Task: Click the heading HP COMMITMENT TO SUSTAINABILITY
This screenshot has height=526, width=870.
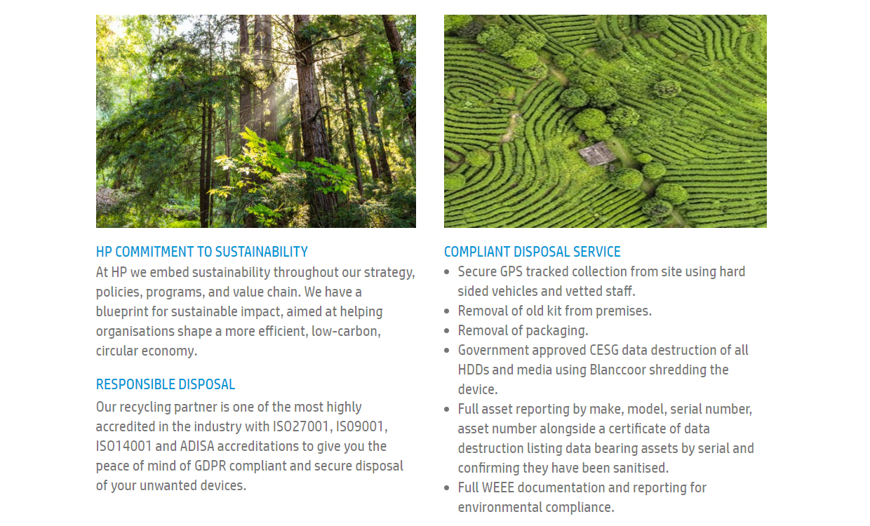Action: point(201,252)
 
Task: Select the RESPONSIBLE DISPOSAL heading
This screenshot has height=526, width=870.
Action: point(166,384)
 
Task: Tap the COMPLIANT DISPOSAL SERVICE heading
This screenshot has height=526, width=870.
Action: point(532,252)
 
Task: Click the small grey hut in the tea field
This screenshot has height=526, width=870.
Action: point(597,154)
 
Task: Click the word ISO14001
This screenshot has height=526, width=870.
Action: point(123,447)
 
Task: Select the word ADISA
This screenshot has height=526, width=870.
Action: point(197,447)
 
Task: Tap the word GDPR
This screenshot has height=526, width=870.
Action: point(210,466)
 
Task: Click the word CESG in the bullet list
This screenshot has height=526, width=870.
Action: point(604,350)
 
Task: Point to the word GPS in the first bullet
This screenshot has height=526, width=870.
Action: point(511,271)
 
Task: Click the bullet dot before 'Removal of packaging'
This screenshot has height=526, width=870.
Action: point(447,331)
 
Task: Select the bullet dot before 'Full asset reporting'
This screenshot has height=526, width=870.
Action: point(447,410)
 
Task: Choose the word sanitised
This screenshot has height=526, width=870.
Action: point(641,468)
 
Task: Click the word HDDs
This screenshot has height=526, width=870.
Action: point(474,370)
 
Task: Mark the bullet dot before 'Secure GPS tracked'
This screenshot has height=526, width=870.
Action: point(447,272)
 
